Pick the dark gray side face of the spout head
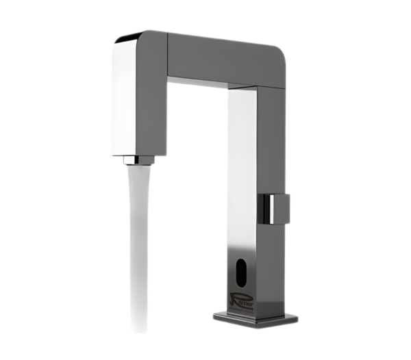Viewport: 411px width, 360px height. [155, 103]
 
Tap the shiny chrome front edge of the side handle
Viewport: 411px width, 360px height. [266, 207]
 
